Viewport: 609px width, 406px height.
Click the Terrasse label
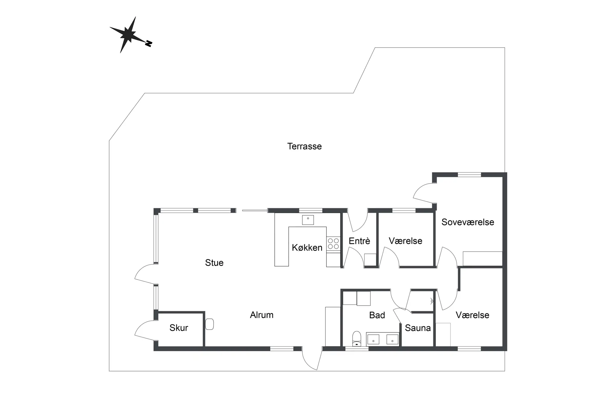click(x=304, y=146)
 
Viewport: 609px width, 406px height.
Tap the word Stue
click(x=214, y=263)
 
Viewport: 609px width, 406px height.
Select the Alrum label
click(x=262, y=315)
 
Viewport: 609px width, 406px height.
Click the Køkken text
click(x=307, y=248)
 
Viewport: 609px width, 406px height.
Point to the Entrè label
click(x=359, y=241)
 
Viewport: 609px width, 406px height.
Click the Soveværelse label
click(x=468, y=222)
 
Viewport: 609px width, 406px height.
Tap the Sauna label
click(x=418, y=328)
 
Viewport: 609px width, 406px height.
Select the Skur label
click(x=179, y=328)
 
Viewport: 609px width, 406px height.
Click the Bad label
click(x=377, y=315)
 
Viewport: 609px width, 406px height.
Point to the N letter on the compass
click(x=148, y=44)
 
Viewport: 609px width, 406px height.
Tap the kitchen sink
click(x=308, y=220)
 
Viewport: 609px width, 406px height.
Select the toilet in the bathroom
click(x=357, y=338)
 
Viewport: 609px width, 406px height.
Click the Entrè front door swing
click(x=357, y=222)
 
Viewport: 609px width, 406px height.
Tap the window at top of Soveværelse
click(x=469, y=174)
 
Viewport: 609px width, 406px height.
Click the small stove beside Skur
click(x=209, y=324)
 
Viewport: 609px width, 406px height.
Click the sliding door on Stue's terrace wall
click(x=255, y=210)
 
